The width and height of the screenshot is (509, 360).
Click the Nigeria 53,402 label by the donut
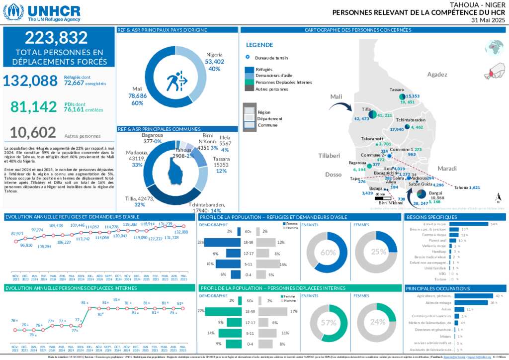[x=214, y=62]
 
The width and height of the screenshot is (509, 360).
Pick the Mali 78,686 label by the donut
[x=137, y=95]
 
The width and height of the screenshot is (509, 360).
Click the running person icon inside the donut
[x=176, y=80]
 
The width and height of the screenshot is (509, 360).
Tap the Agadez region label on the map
[x=437, y=75]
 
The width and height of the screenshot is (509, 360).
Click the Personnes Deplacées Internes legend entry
[x=283, y=83]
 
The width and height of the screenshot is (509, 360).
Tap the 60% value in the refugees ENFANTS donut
[x=328, y=253]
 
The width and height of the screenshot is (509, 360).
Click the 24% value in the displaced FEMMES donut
[x=378, y=322]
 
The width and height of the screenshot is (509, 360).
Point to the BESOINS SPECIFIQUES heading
[x=431, y=217]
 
